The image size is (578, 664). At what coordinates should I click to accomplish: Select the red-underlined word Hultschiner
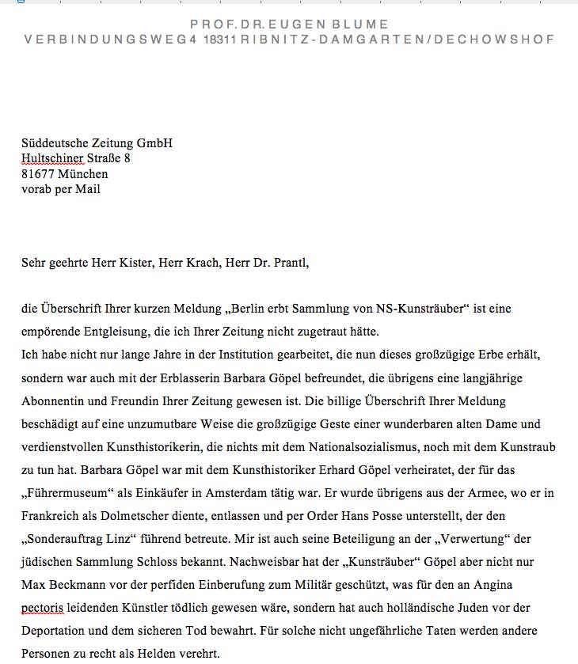(x=52, y=158)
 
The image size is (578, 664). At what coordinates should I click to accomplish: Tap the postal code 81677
(x=37, y=174)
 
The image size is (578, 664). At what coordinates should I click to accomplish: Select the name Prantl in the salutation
(x=288, y=263)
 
